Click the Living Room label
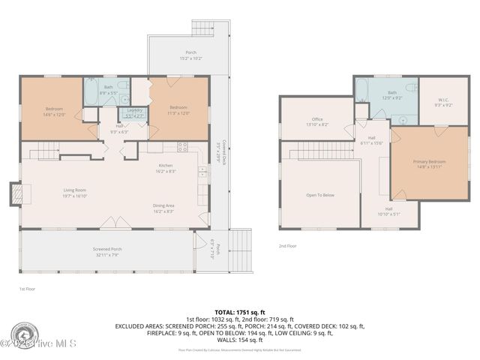pyautogui.click(x=74, y=192)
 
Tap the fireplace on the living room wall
pyautogui.click(x=14, y=194)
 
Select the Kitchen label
pyautogui.click(x=166, y=168)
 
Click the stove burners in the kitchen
pyautogui.click(x=181, y=146)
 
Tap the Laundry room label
pyautogui.click(x=134, y=115)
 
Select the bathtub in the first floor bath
pyautogui.click(x=90, y=93)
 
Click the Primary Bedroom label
pyautogui.click(x=428, y=163)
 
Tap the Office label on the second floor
pyautogui.click(x=317, y=121)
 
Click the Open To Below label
pyautogui.click(x=319, y=195)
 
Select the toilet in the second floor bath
pyautogui.click(x=410, y=88)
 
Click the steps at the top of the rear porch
pyautogui.click(x=203, y=28)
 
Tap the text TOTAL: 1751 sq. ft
pyautogui.click(x=239, y=311)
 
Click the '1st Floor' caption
pyautogui.click(x=27, y=288)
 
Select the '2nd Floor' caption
pyautogui.click(x=287, y=246)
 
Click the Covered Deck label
pyautogui.click(x=217, y=152)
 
